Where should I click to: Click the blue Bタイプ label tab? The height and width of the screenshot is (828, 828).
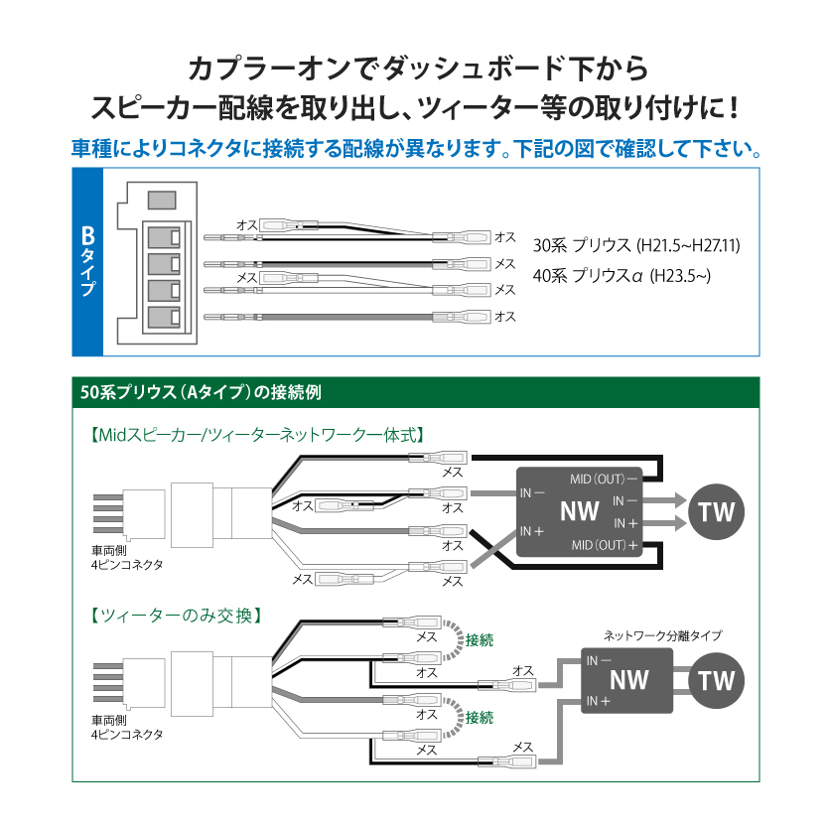(87, 261)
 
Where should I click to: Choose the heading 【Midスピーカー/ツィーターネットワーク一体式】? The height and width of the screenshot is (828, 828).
(257, 434)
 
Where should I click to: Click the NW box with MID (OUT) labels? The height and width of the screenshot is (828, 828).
(579, 512)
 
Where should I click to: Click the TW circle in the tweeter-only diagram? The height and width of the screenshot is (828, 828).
(717, 680)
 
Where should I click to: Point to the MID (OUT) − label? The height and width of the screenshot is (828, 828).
(603, 479)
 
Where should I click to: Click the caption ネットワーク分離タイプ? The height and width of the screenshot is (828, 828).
(662, 634)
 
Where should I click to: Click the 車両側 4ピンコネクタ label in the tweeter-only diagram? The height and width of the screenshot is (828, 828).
(126, 728)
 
